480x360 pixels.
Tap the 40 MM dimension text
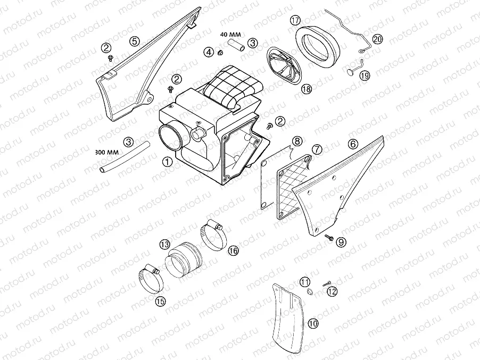(x=230, y=35)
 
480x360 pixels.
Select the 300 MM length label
(x=106, y=152)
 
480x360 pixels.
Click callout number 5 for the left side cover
(x=134, y=40)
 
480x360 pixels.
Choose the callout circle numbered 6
(x=352, y=144)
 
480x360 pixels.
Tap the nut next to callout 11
(x=308, y=292)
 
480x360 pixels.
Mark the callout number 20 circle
(x=377, y=39)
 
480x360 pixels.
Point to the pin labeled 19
(x=352, y=71)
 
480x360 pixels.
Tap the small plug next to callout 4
(x=219, y=53)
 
